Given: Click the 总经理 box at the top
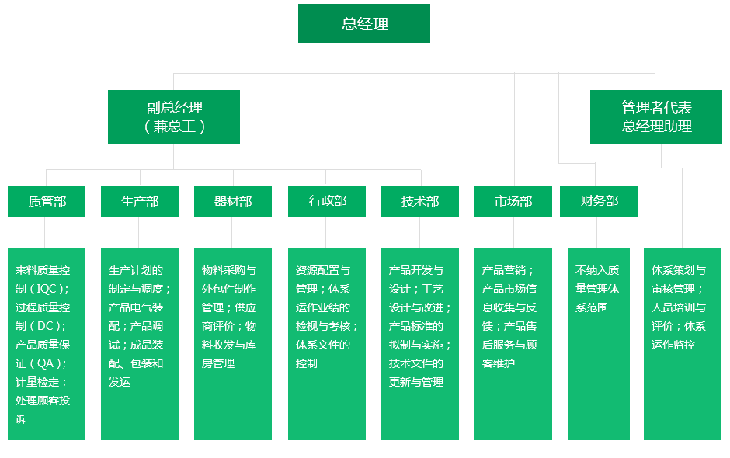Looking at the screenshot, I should pyautogui.click(x=363, y=23).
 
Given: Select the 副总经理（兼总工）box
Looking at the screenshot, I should pyautogui.click(x=173, y=116).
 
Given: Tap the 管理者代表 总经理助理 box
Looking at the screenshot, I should pyautogui.click(x=655, y=116).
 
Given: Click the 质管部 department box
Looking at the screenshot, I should pyautogui.click(x=46, y=201).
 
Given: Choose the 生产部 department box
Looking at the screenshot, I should pyautogui.click(x=139, y=201).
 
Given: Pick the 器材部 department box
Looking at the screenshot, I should pyautogui.click(x=232, y=201).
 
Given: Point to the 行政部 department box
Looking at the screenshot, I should pyautogui.click(x=326, y=201).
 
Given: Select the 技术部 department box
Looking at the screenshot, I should pyautogui.click(x=419, y=201).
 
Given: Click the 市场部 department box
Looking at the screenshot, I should pyautogui.click(x=513, y=201).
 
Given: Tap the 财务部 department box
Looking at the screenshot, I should pyautogui.click(x=598, y=201).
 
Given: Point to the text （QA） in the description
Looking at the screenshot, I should pyautogui.click(x=48, y=363).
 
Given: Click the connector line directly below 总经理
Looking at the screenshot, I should pyautogui.click(x=363, y=57).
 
